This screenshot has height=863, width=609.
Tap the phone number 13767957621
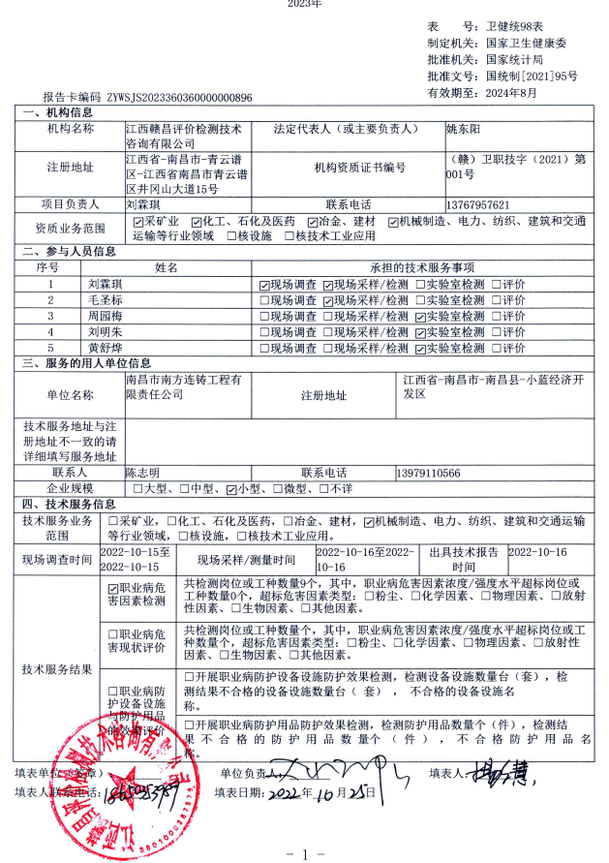coord(478,205)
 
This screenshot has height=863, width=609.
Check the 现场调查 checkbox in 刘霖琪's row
coord(264,285)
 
